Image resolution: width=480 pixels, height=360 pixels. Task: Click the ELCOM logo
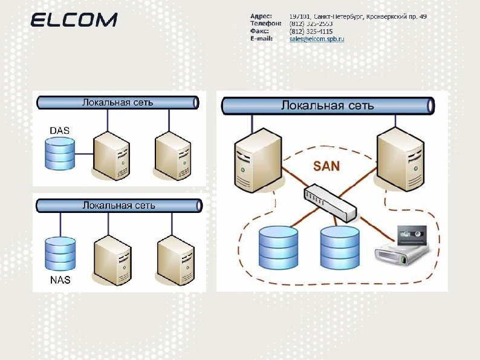point(74,21)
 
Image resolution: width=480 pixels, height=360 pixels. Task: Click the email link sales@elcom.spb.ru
point(317,39)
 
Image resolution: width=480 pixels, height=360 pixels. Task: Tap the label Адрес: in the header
point(261,16)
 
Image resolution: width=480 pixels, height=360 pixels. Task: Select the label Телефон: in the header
point(265,23)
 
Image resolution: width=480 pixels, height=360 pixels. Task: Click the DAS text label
point(59,130)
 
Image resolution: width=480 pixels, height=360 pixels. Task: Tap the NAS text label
point(60,280)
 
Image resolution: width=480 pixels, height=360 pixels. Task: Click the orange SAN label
point(326,165)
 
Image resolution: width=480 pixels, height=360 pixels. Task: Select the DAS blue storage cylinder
point(60,154)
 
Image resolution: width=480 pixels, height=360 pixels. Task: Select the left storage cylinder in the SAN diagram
point(278,247)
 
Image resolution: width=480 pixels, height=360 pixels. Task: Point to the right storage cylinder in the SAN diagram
point(340,247)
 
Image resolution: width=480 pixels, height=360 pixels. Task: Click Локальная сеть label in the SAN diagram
point(328,106)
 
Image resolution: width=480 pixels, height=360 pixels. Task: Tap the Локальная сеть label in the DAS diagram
point(118,102)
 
